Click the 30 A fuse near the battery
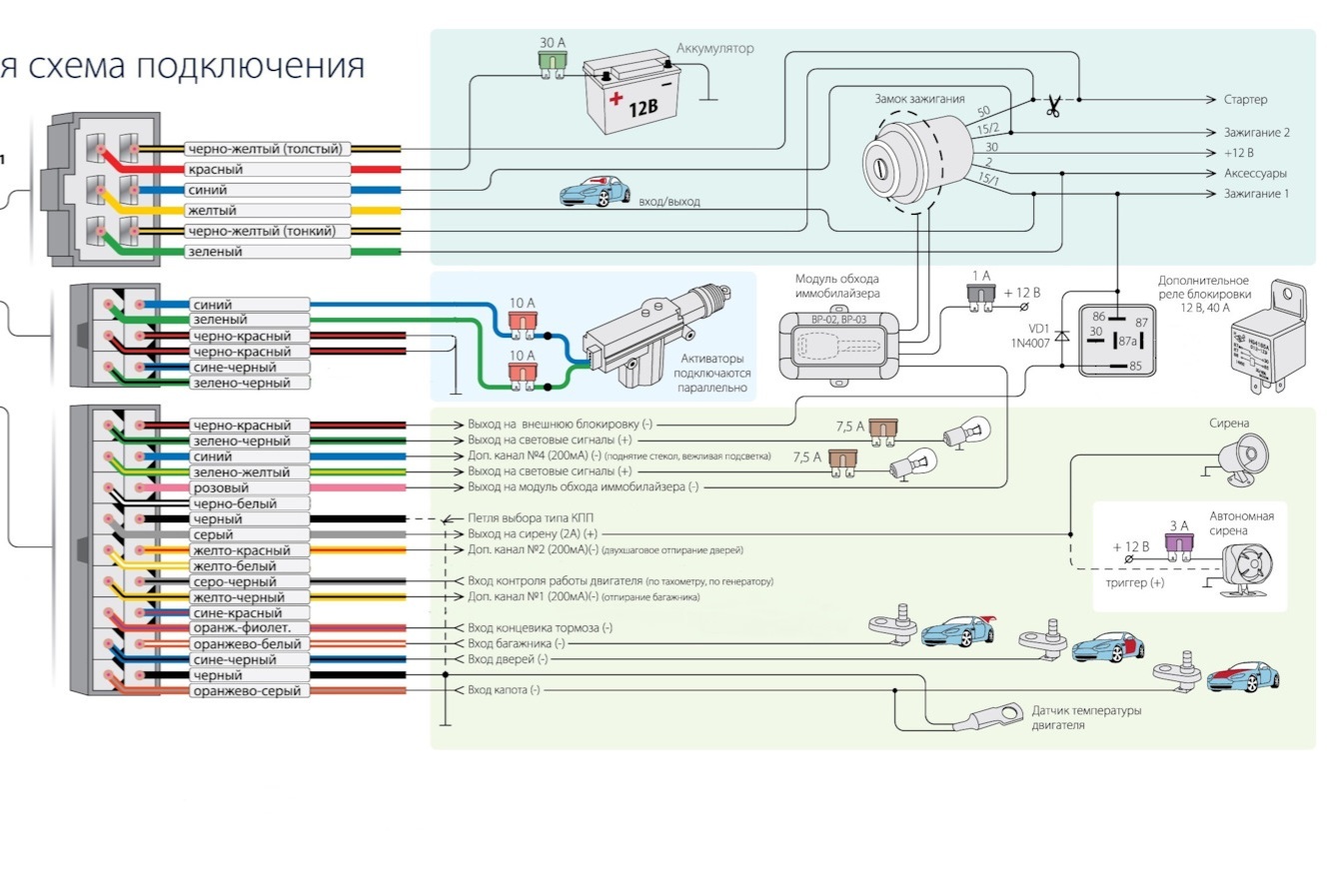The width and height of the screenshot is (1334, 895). [x=550, y=62]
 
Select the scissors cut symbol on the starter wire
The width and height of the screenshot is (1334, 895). [x=1052, y=106]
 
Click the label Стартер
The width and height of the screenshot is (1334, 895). [x=1245, y=100]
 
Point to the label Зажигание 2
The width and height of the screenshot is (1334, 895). [x=1256, y=132]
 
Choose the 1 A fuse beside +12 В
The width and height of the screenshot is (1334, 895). [x=979, y=295]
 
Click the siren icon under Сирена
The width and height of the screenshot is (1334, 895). [x=1242, y=459]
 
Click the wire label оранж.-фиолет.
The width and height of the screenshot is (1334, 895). [x=241, y=628]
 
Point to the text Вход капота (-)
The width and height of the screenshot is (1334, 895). [x=504, y=690]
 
